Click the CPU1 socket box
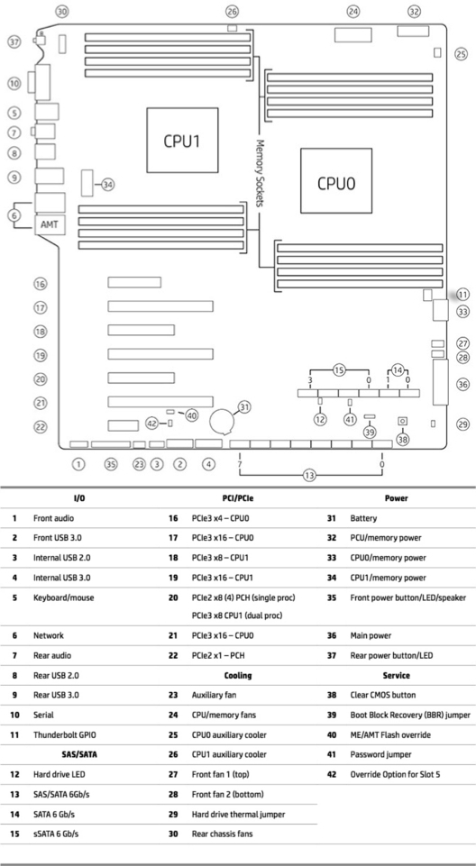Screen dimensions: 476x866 182,141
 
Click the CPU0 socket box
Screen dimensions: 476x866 335,180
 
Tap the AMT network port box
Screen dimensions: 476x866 50,225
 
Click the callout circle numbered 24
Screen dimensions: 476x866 353,11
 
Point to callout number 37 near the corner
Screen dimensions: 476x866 14,41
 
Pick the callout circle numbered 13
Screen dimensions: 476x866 310,474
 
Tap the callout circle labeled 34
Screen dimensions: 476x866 107,185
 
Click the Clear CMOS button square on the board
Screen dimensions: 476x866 403,422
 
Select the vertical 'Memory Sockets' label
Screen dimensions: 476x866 260,173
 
